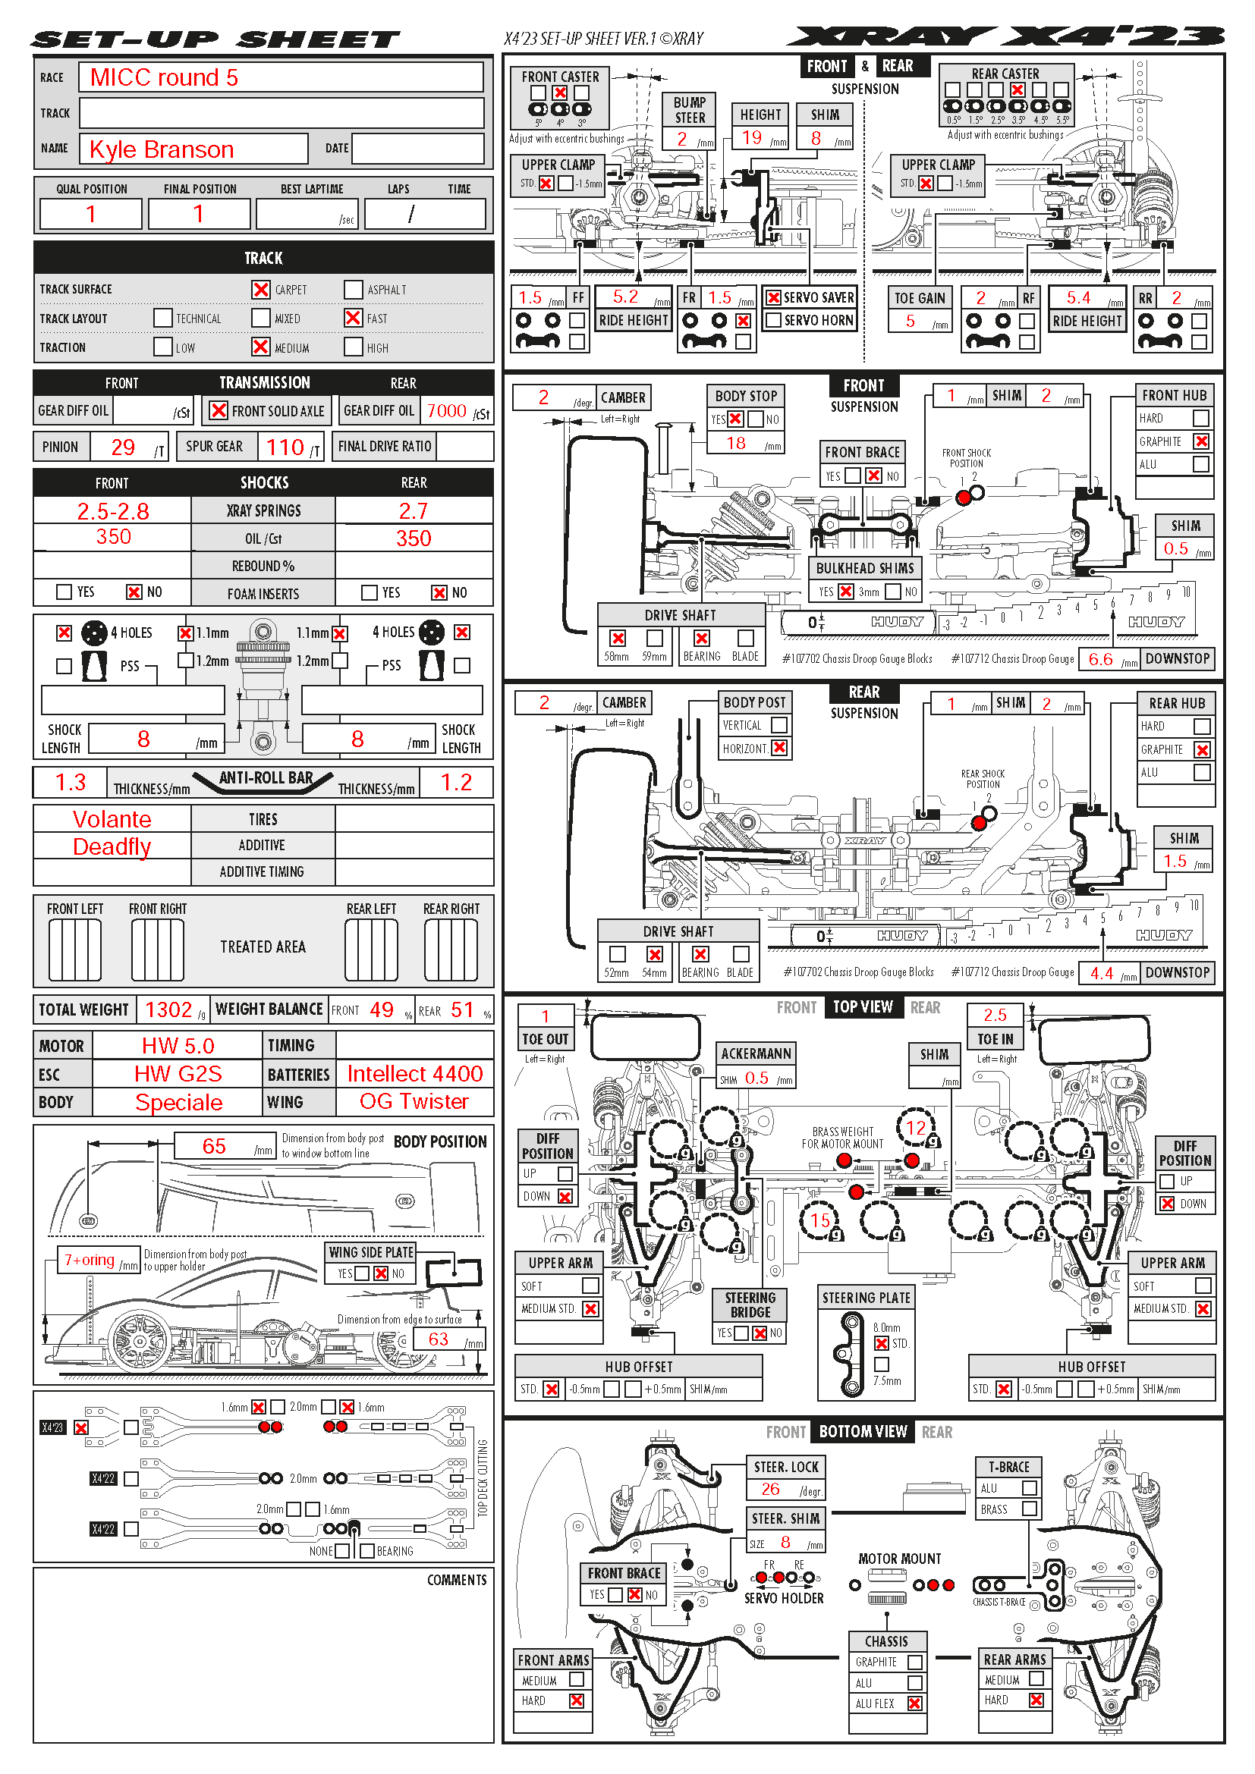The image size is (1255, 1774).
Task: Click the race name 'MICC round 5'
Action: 164,77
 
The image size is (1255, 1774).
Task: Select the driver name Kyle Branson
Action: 162,149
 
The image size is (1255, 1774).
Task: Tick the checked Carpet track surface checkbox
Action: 261,290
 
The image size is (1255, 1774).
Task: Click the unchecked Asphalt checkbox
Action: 353,290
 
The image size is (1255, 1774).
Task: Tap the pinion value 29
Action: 123,447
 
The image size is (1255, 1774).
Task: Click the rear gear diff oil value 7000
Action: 447,411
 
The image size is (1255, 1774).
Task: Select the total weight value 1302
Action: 168,1009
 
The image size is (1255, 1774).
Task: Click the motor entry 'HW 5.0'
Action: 178,1046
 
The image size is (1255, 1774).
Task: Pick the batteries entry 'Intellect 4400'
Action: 415,1074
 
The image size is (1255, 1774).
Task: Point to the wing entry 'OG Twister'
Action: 414,1102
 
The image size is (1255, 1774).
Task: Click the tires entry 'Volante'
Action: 112,819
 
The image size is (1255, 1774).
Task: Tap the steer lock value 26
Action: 770,1489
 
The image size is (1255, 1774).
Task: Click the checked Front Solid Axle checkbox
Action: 219,410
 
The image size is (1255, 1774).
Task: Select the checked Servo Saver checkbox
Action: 772,297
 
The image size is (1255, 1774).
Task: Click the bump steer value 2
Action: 682,139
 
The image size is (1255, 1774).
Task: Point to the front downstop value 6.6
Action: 1100,659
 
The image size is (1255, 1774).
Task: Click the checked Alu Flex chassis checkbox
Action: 915,1703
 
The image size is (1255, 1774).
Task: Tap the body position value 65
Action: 214,1147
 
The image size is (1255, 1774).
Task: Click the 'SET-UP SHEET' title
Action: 215,39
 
